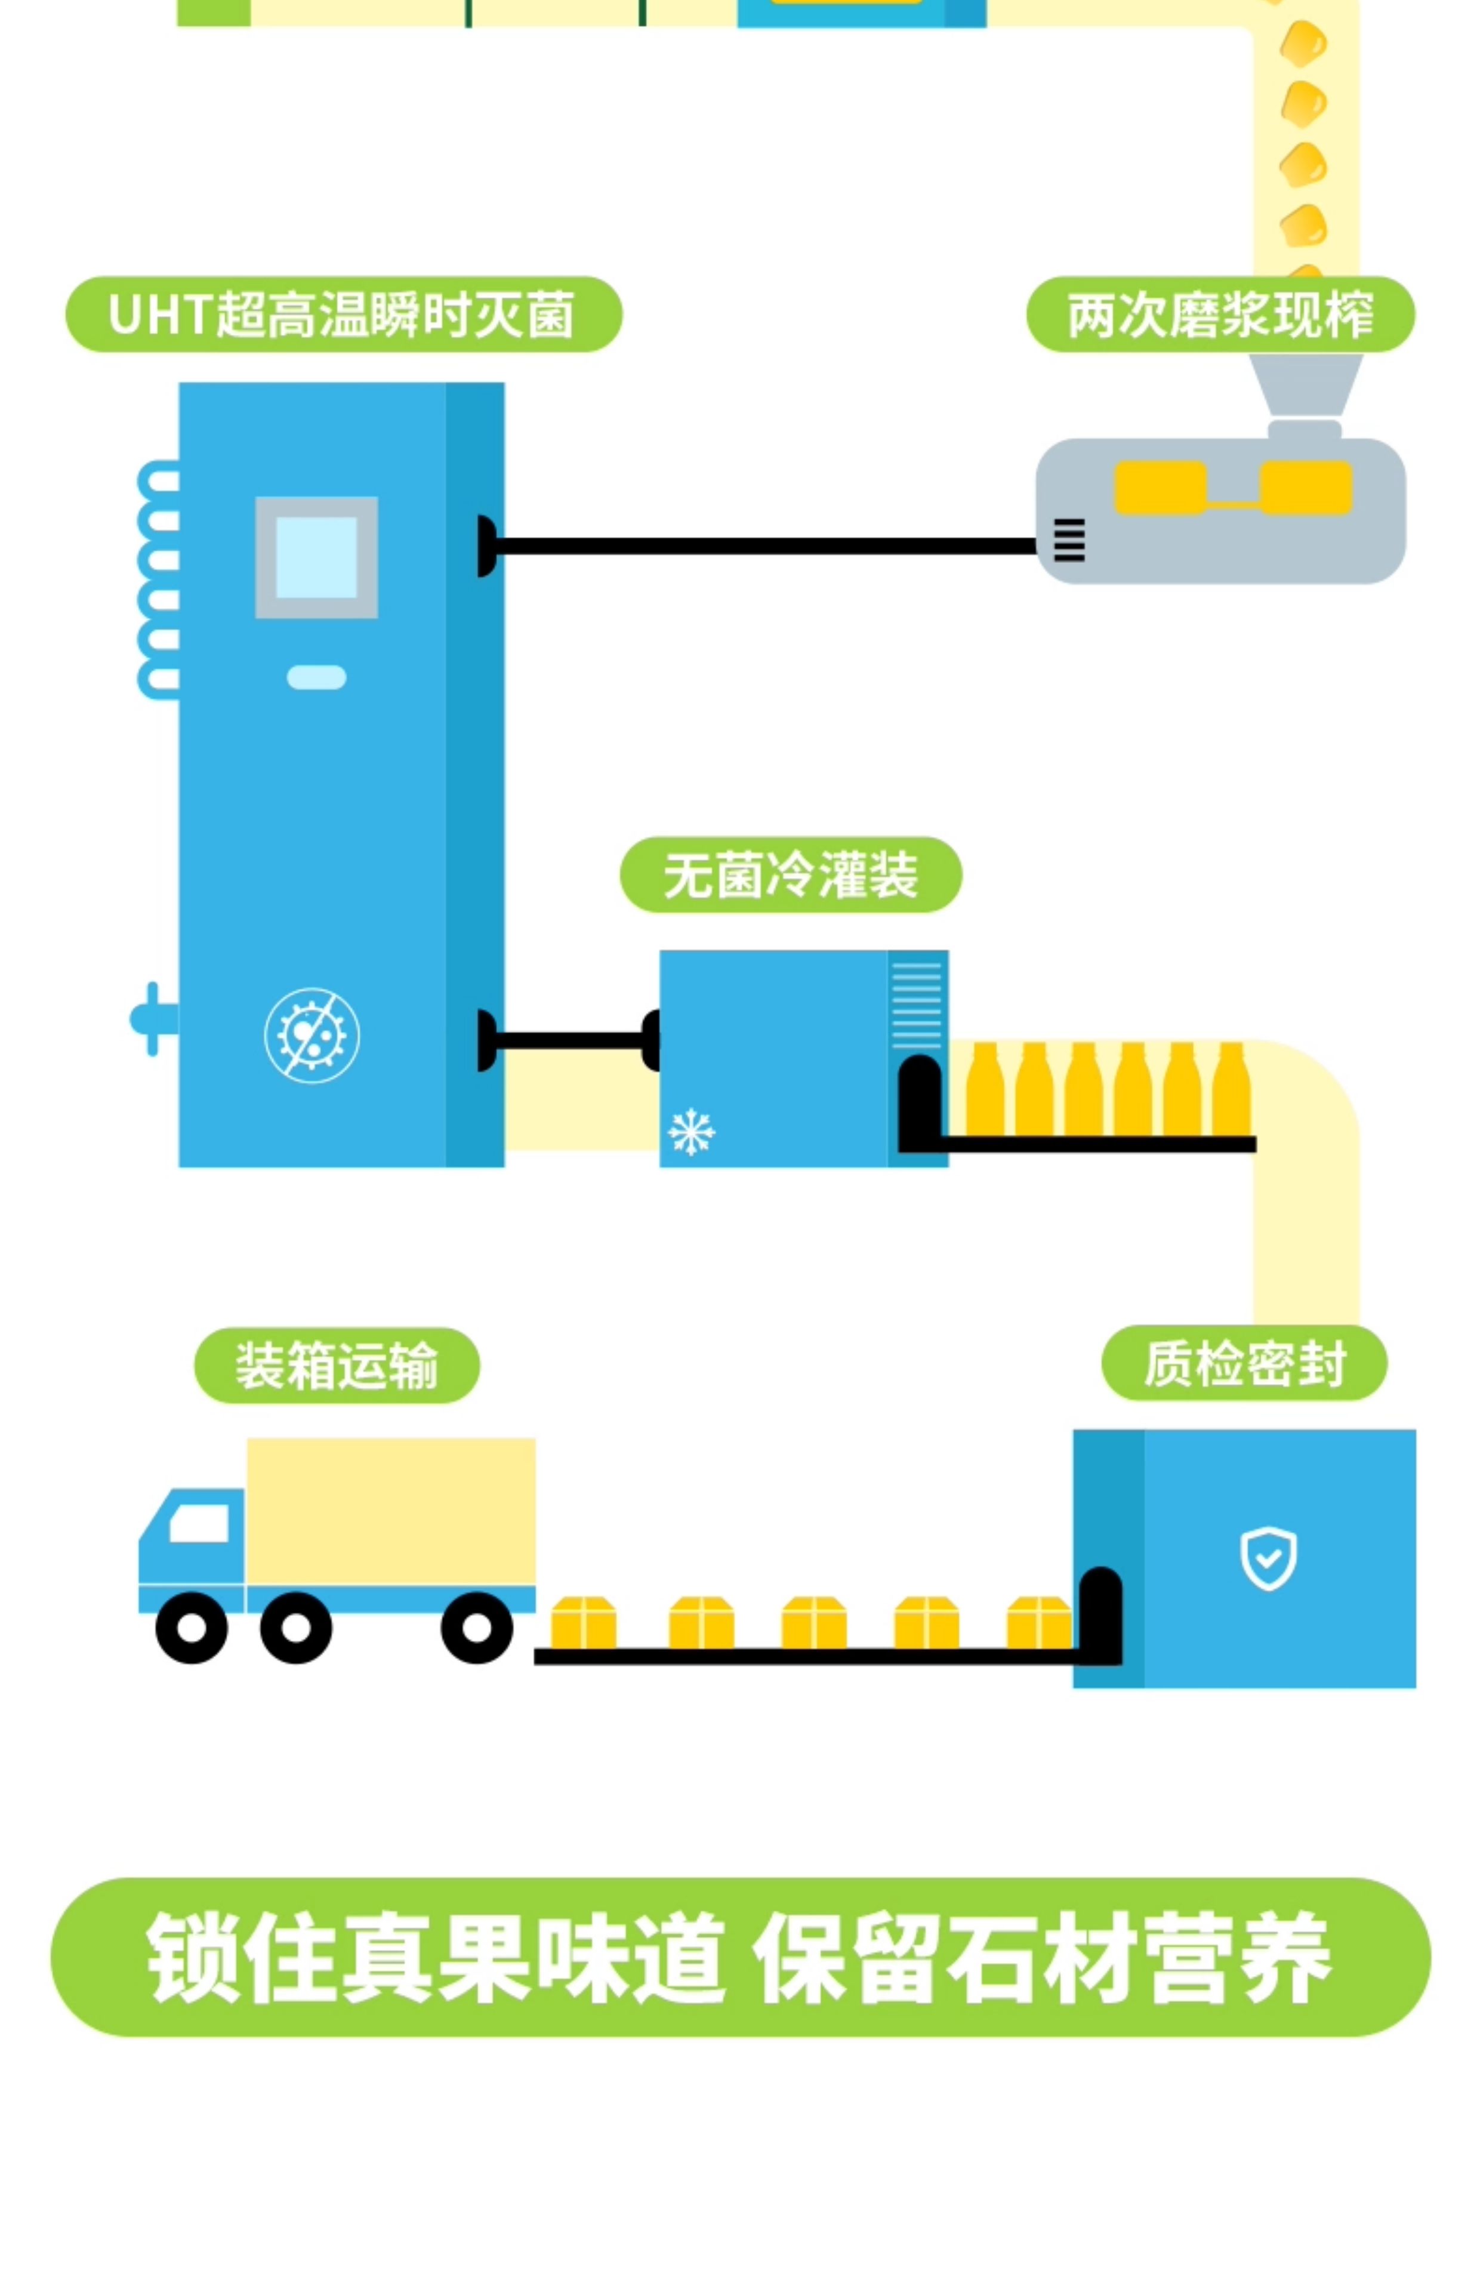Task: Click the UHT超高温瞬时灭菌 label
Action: pos(343,314)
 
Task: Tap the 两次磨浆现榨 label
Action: pos(1220,314)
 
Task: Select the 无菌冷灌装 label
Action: pos(790,874)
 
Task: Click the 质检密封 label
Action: pos(1244,1364)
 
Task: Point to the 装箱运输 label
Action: pos(337,1366)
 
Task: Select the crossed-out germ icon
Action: pos(312,1035)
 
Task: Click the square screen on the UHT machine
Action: pos(316,557)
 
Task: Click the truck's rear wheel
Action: pos(477,1628)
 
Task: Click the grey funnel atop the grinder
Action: pos(1305,384)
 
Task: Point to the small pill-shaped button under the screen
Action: pos(316,677)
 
